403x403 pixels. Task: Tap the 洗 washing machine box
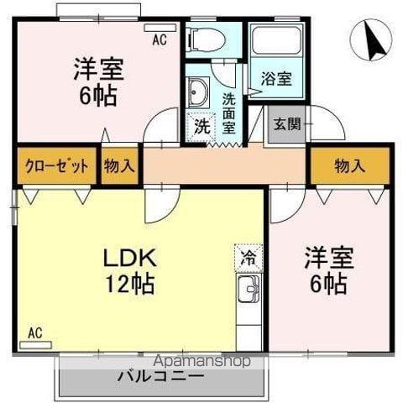click(x=201, y=127)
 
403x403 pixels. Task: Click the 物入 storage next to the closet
click(x=119, y=165)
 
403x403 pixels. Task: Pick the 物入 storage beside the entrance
click(x=349, y=165)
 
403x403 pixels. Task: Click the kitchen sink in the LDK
click(x=249, y=293)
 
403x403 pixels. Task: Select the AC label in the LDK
click(x=34, y=332)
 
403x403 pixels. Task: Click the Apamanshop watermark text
click(x=201, y=361)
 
